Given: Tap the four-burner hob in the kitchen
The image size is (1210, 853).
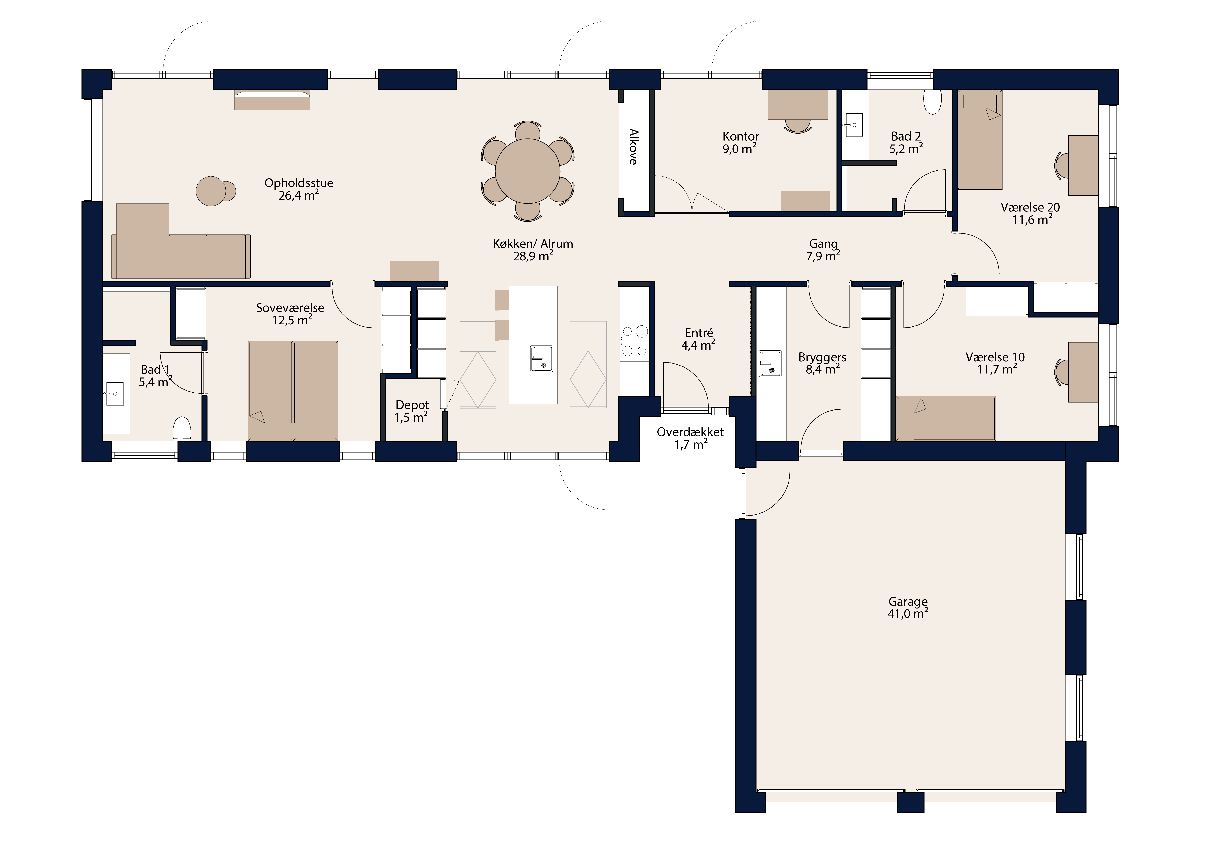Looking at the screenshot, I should [x=634, y=341].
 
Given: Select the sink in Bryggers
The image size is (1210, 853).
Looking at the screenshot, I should [x=770, y=363].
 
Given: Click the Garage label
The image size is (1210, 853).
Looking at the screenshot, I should [x=907, y=601].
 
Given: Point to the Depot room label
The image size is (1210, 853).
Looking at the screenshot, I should [x=412, y=405].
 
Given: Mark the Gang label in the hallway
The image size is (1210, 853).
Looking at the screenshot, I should [x=823, y=244].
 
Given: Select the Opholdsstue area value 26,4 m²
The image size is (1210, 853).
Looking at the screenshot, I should [x=298, y=196].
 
